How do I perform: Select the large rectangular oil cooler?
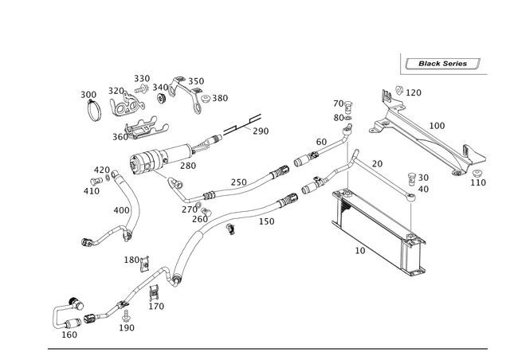379,230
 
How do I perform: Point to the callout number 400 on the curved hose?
119,211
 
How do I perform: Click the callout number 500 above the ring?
88,94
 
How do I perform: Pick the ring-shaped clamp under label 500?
93,110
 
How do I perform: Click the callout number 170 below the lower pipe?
267,223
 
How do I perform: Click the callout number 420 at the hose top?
101,169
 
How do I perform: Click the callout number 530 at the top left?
143,76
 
